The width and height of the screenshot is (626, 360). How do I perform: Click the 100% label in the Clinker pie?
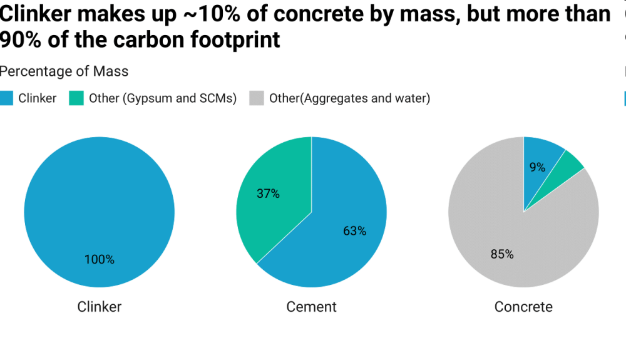click(x=100, y=259)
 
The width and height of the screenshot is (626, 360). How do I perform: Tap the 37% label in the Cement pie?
click(x=268, y=194)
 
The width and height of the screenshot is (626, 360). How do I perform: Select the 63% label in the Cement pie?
click(x=354, y=231)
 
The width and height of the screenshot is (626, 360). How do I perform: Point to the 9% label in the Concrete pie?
click(x=537, y=167)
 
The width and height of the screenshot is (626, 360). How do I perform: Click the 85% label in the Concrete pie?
click(x=502, y=254)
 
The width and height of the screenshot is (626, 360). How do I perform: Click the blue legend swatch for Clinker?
click(x=6, y=98)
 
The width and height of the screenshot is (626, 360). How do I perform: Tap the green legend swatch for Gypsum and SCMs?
click(x=76, y=98)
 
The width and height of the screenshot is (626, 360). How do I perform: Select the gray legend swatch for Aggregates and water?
click(x=256, y=98)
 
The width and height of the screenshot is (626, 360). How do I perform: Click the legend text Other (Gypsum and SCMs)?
click(x=162, y=98)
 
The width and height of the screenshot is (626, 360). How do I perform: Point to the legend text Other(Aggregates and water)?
click(x=349, y=98)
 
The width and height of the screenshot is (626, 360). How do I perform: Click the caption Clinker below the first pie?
click(x=99, y=307)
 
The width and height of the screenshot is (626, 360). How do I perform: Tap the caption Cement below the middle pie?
click(x=311, y=307)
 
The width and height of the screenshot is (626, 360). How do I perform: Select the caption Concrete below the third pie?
click(x=523, y=307)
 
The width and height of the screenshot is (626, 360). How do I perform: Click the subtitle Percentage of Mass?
click(x=64, y=71)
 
